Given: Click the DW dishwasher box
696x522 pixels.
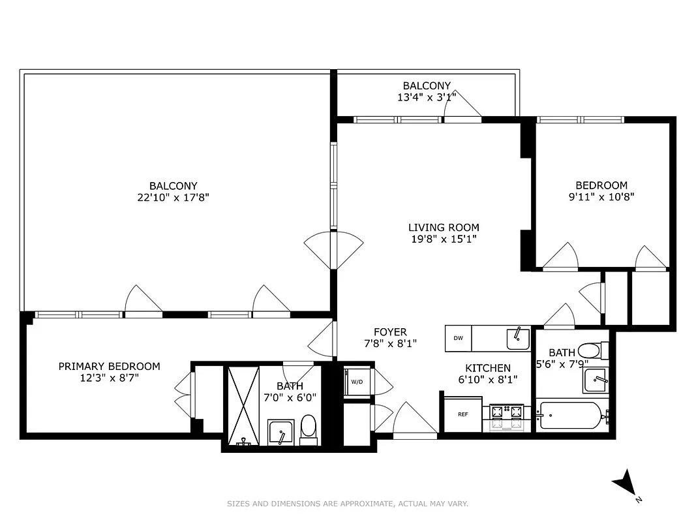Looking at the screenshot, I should coord(459,338).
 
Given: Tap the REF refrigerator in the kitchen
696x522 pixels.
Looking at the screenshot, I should coord(462,414).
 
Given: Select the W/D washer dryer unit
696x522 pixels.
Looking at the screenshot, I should coord(357,382).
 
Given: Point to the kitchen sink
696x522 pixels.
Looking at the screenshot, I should coord(518,339).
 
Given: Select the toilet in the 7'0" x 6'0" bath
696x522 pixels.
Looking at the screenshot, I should coord(309,429).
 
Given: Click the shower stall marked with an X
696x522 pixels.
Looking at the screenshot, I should coord(242,405).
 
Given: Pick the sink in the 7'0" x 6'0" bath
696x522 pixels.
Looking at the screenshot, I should coord(281,433).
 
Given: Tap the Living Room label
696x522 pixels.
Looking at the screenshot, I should coord(444,228).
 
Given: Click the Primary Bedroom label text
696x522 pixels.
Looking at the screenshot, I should coord(109,366).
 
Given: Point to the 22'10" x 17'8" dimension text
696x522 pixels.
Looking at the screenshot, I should coord(173,197).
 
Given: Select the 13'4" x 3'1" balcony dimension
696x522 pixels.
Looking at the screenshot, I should coord(426,97).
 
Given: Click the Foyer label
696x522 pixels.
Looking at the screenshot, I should coord(390,332).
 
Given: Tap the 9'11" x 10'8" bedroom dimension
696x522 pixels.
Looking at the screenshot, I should coord(601,196).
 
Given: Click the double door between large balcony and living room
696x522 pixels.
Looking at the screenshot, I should coord(333,250).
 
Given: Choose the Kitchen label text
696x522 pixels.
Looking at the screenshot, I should coord(488,368).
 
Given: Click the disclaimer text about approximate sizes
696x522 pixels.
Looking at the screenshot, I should coord(348,504).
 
